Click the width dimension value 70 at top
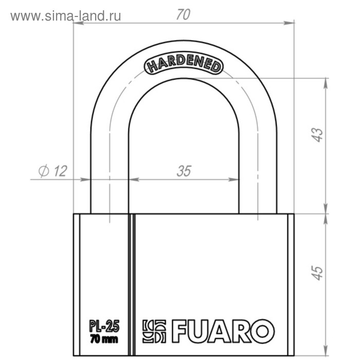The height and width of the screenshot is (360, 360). [x=183, y=15]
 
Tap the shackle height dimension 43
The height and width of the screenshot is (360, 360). [x=318, y=135]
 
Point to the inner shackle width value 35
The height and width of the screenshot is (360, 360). [x=184, y=171]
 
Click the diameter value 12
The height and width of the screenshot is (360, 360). [x=60, y=171]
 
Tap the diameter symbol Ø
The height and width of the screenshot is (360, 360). [x=44, y=171]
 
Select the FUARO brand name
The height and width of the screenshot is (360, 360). [x=222, y=330]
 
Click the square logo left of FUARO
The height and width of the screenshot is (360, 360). [x=154, y=331]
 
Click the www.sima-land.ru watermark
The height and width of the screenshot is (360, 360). [x=66, y=16]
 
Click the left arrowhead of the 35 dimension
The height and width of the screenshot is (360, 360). [x=133, y=179]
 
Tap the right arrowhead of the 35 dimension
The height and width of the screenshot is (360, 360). [x=236, y=179]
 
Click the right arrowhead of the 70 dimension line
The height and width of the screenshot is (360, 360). [x=290, y=23]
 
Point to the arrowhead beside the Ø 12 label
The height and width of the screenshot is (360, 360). [x=86, y=179]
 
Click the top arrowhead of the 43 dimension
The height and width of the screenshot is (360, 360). [x=325, y=81]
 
